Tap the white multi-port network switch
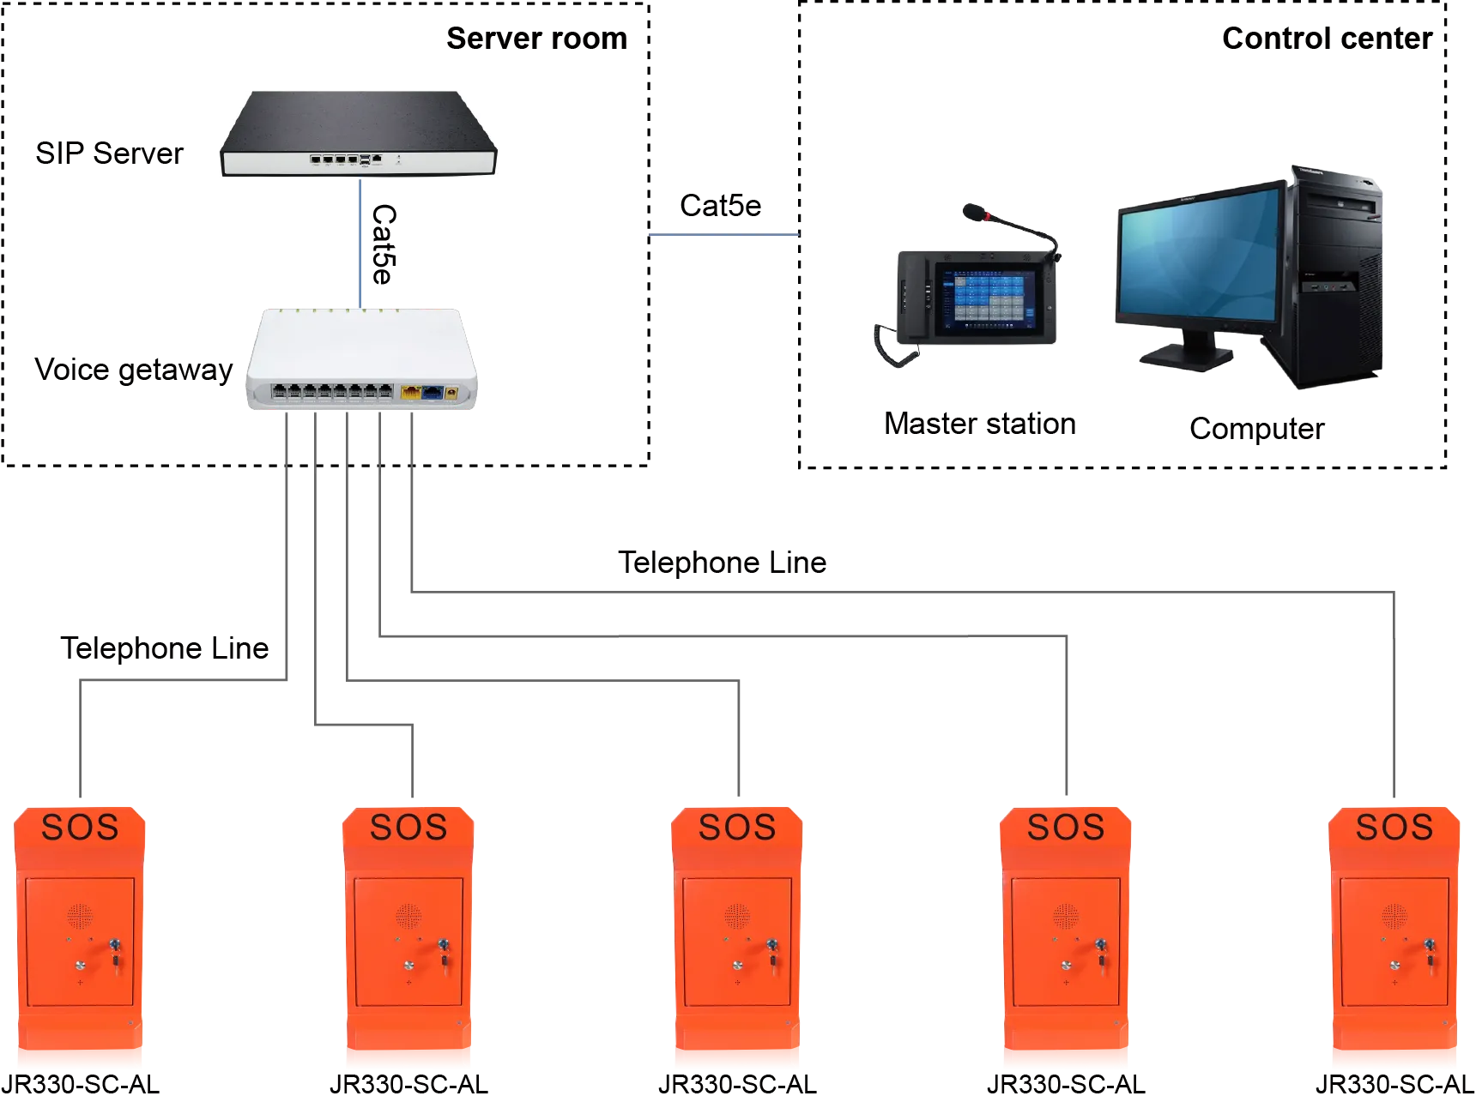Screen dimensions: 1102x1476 (360, 360)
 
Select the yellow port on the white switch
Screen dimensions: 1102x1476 (411, 393)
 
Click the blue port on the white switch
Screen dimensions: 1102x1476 (433, 393)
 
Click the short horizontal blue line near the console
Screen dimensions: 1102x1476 (723, 236)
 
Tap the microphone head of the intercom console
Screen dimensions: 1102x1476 (973, 211)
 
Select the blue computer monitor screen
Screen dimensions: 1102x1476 (1198, 257)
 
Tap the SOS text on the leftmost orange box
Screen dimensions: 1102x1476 (80, 828)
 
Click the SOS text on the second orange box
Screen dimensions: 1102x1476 (408, 828)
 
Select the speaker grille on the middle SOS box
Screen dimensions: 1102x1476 (737, 916)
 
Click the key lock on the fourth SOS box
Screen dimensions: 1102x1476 (1100, 946)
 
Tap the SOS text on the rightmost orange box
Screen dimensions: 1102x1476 (1394, 828)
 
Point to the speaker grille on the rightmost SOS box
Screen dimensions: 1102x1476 (1394, 916)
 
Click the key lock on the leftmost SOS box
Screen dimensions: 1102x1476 (114, 946)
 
